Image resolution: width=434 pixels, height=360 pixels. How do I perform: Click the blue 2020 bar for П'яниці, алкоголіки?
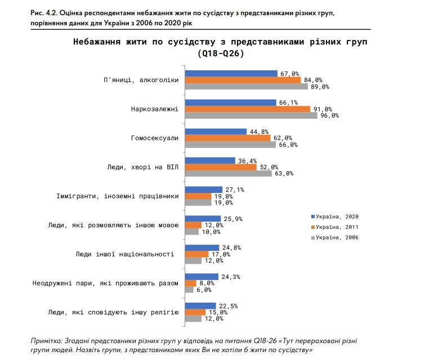231,73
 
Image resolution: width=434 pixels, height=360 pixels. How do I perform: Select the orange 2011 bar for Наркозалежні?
248,109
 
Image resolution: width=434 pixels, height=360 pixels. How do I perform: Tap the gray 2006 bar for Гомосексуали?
231,145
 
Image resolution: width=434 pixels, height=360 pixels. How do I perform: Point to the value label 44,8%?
257,131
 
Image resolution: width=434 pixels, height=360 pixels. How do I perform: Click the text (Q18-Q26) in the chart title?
220,53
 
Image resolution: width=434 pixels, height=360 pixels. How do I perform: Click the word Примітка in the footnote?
47,341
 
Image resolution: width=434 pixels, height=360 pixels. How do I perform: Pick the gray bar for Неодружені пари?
189,290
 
